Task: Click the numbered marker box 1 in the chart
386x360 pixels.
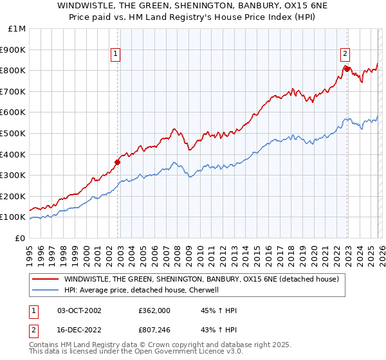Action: [x=115, y=55]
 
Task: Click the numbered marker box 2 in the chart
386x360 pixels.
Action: [x=345, y=55]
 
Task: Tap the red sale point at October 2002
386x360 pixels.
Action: [x=118, y=162]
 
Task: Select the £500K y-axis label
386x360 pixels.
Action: [x=14, y=133]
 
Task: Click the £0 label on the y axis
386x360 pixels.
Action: [x=20, y=238]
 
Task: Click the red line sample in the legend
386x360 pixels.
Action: [x=45, y=279]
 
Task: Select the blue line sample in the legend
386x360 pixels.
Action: [x=45, y=290]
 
